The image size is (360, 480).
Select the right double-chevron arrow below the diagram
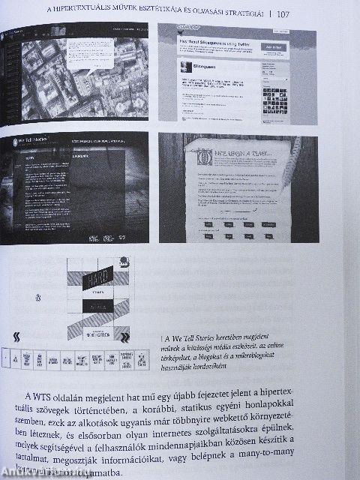tap(126, 337)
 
